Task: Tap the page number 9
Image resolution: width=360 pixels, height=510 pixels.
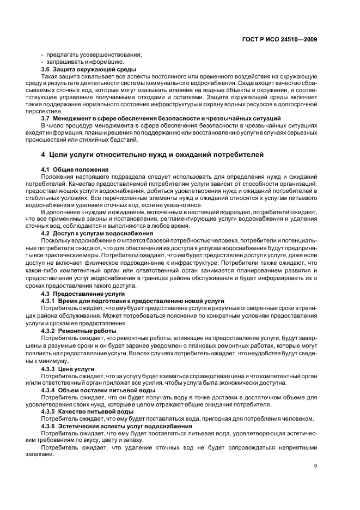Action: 315,466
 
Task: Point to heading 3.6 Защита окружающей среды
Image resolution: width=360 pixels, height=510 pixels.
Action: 81,70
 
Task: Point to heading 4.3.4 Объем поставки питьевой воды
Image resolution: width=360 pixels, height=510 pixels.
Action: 98,391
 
